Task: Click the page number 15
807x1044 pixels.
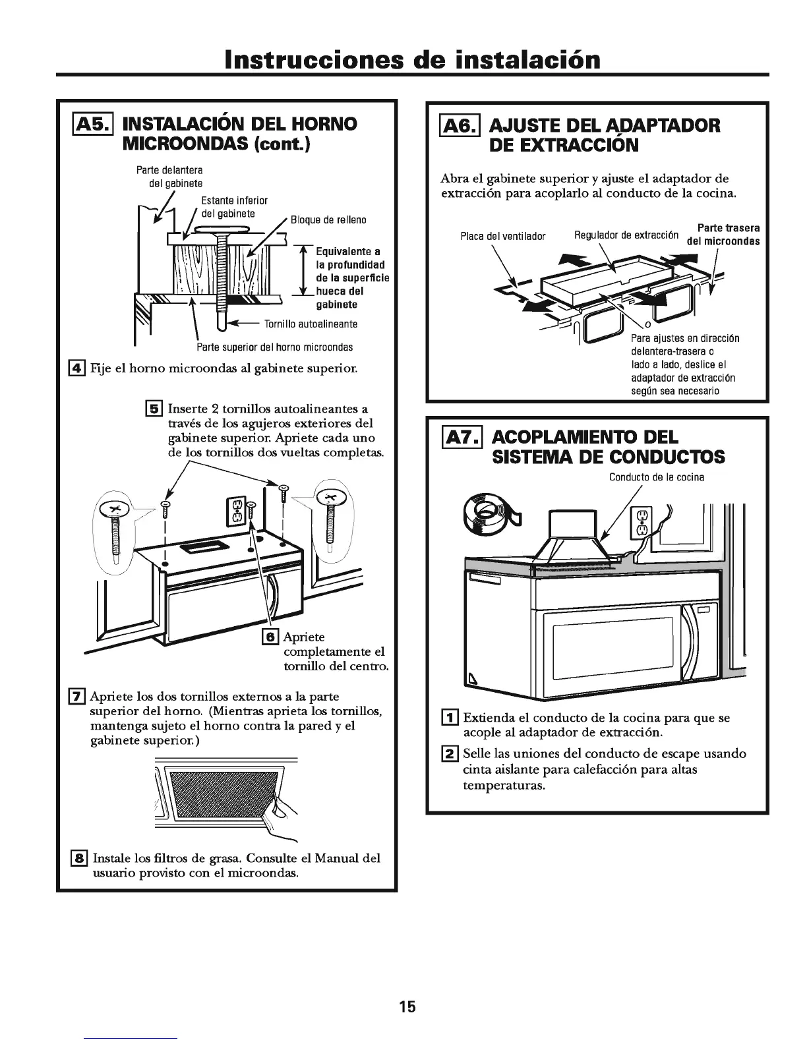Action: [x=407, y=1006]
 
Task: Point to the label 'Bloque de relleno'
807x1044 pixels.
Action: [x=328, y=219]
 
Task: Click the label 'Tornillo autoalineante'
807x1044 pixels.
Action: [x=311, y=324]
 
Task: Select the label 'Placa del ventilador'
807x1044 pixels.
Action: [x=503, y=236]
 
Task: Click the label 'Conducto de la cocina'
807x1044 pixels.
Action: [x=656, y=477]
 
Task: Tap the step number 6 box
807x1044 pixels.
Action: [x=270, y=636]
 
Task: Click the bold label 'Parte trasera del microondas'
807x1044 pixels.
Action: [x=723, y=235]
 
